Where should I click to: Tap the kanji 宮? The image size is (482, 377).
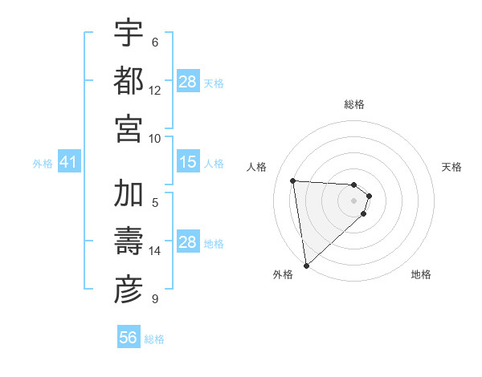(129, 128)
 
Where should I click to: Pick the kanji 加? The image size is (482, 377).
(129, 194)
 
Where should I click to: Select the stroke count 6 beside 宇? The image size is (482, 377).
(155, 42)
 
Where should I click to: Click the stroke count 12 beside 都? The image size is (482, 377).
(155, 90)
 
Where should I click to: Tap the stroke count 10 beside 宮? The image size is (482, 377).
(155, 138)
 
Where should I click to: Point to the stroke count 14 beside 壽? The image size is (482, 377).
(155, 251)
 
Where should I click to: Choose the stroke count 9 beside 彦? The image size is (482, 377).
(155, 299)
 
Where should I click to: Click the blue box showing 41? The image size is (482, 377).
(68, 163)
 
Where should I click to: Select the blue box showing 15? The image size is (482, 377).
(188, 163)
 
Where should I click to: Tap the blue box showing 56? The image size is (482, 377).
(129, 338)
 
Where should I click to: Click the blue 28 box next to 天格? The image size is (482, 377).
(188, 82)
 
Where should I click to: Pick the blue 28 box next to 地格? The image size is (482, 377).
(188, 243)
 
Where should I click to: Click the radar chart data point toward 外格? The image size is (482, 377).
(306, 265)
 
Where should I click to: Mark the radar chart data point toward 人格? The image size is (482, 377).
(293, 180)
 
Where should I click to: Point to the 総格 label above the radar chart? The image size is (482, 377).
(354, 104)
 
